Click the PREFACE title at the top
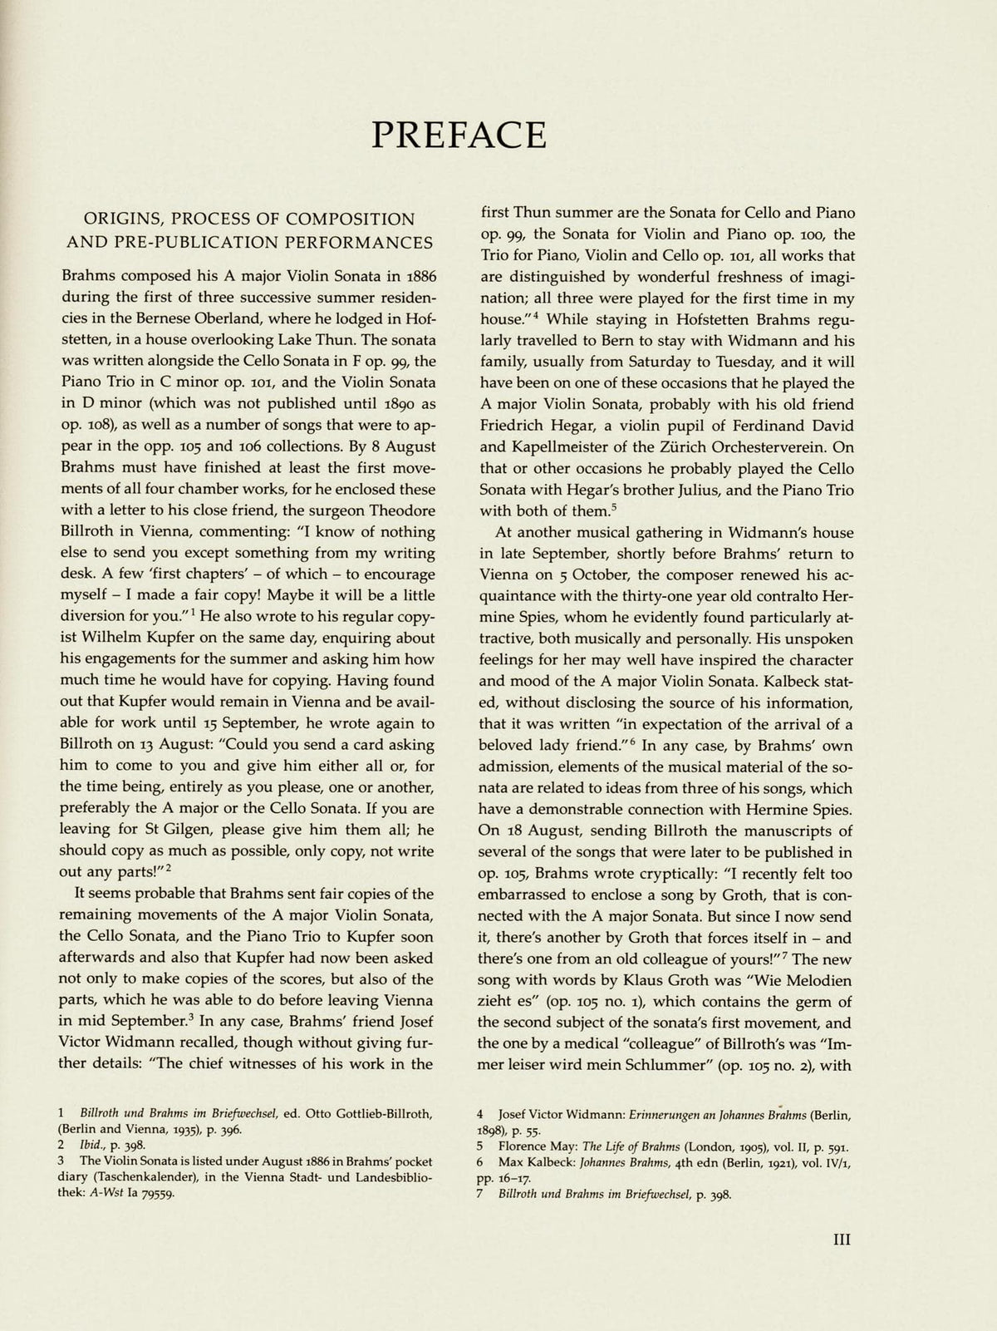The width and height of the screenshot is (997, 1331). [x=459, y=133]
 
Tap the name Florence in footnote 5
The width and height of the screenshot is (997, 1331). [x=521, y=1146]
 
